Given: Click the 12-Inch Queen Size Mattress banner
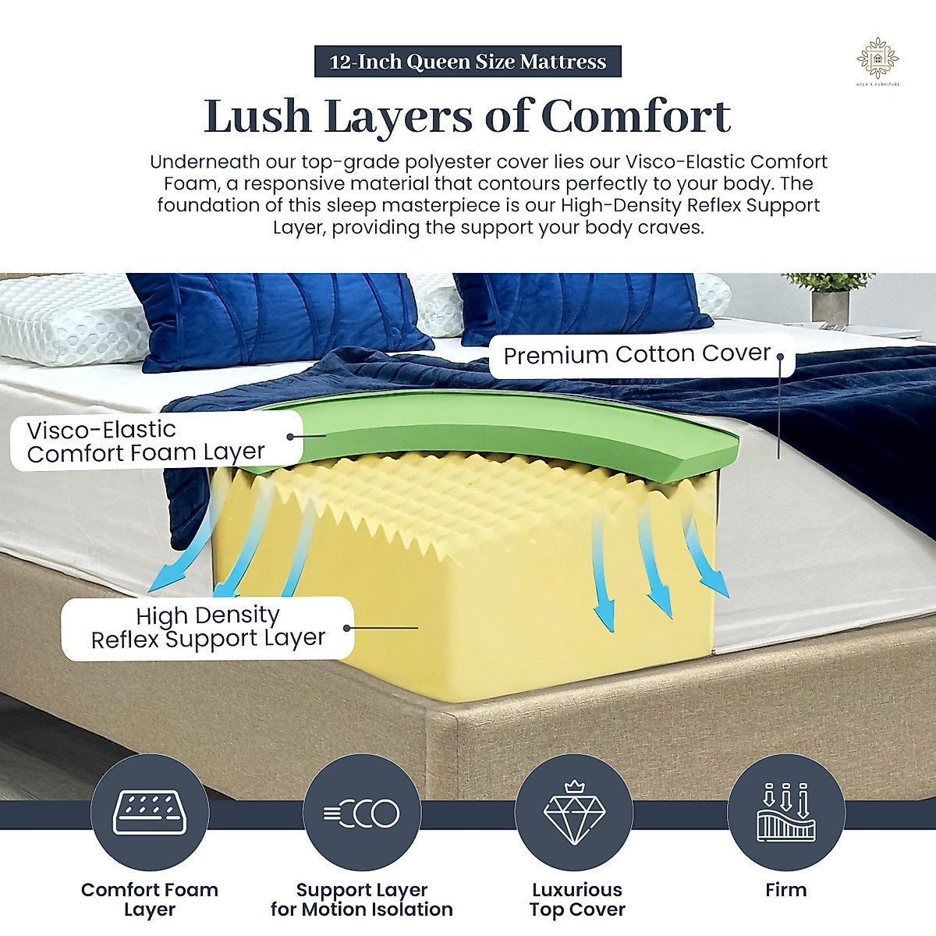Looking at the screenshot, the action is point(467,62).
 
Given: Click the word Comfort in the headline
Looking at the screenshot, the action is point(635,117).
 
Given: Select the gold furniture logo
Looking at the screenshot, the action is point(877,60).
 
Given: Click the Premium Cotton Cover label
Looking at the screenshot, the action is point(636,355).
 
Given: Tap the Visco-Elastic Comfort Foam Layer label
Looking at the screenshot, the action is point(146,441).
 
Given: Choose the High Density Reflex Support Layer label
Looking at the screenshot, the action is point(207,627).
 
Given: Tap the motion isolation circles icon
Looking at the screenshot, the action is point(362,813).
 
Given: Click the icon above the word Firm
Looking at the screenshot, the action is point(786,811).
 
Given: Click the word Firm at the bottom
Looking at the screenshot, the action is point(786,889).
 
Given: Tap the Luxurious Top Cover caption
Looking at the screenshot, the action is point(577,899).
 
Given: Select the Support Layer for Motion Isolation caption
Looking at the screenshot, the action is point(362,899).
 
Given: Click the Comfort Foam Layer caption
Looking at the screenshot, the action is point(150,899).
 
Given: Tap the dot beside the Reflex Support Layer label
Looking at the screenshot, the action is point(347,628).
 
